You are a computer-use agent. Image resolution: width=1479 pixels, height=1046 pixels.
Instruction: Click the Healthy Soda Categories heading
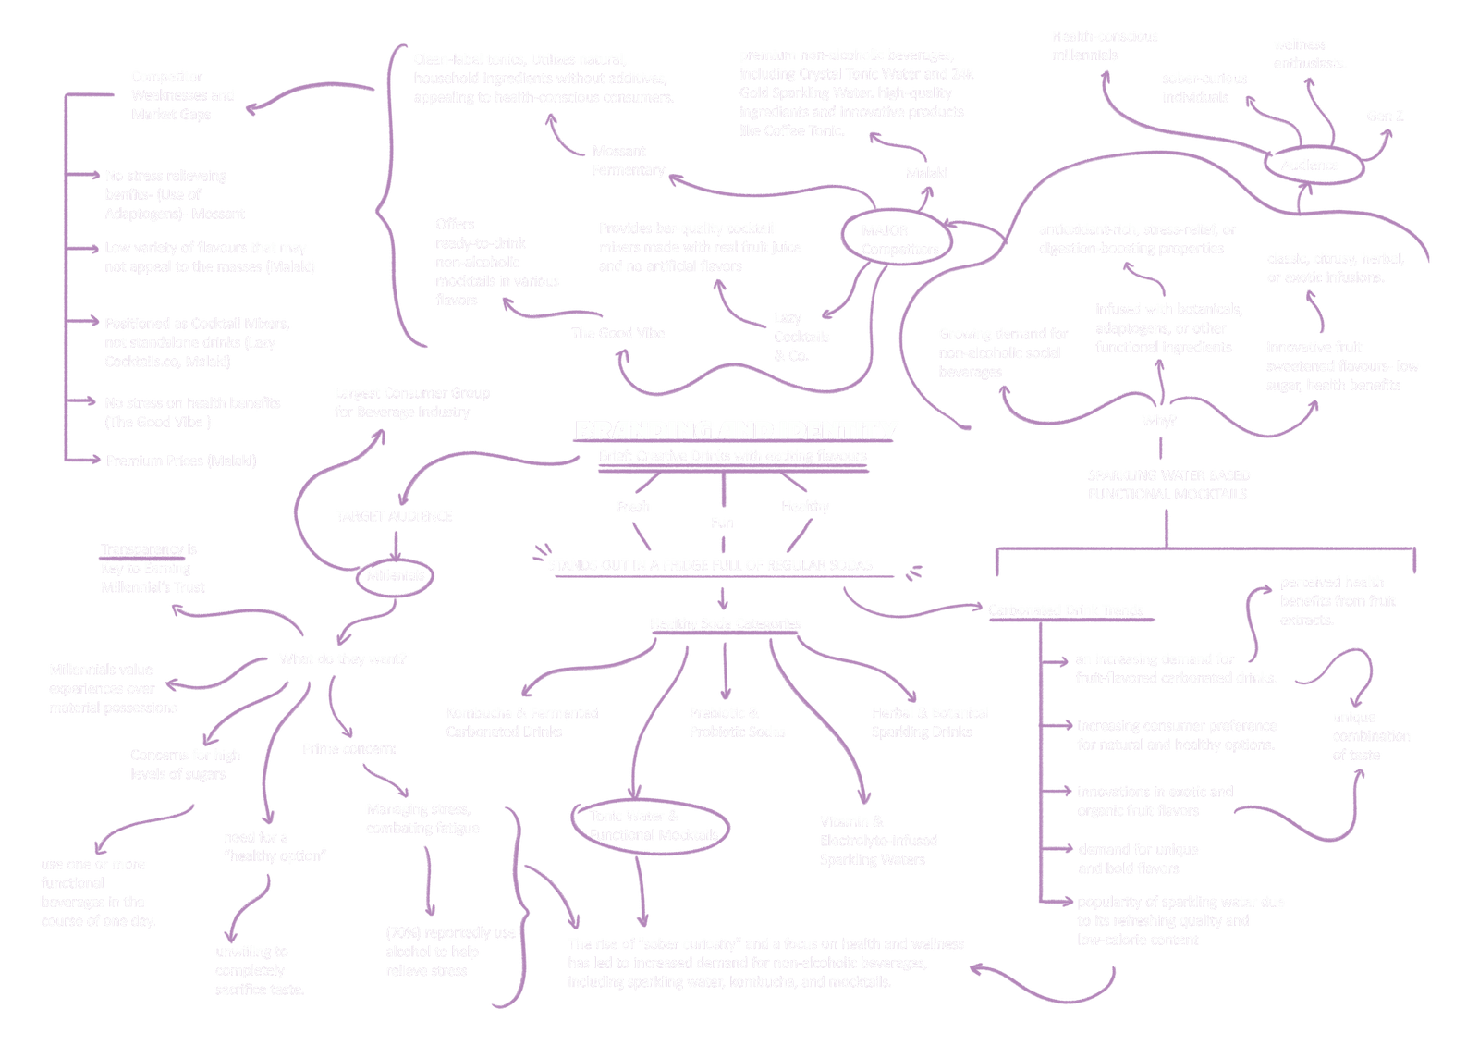725,623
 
